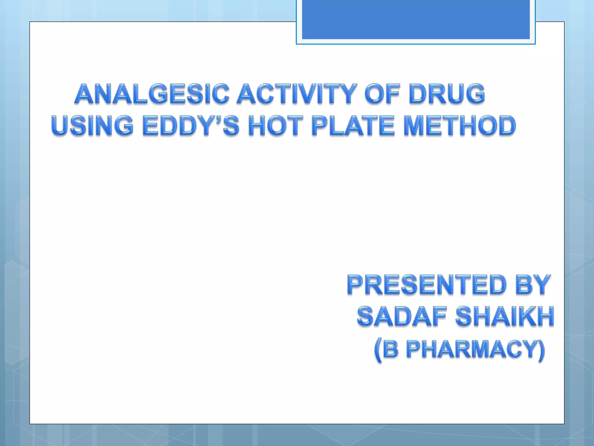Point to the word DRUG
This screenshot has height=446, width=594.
(447, 94)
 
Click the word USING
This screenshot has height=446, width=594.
(92, 125)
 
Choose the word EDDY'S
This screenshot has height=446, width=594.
(191, 125)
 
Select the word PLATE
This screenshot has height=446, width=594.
(353, 125)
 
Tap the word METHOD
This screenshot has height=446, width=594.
(460, 125)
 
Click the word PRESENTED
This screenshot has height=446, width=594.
(427, 285)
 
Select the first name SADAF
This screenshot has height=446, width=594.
(401, 316)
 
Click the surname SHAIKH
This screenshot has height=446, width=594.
(505, 316)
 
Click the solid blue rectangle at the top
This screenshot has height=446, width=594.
(416, 19)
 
